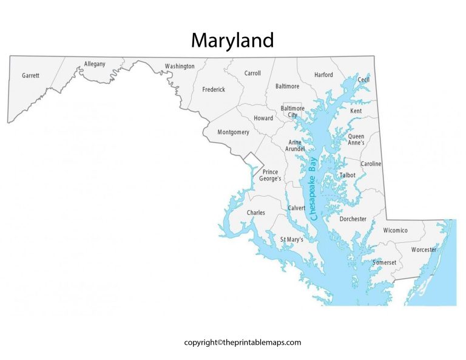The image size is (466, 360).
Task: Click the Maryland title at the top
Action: point(232,40)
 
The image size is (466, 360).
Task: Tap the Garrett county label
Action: point(30,76)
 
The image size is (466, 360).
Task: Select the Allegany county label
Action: point(95,64)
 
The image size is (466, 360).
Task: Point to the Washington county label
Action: point(180,66)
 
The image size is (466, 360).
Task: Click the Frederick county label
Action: point(214,89)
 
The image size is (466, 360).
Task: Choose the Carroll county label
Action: point(252,73)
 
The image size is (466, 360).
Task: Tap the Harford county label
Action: point(323,75)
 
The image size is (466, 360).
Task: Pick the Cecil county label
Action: point(363,80)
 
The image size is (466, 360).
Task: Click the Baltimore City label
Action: point(292,112)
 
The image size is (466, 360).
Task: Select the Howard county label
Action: point(263,118)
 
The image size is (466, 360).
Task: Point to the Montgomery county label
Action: point(234,132)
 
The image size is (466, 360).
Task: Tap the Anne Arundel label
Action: point(295,146)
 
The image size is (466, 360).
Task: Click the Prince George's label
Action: point(270,175)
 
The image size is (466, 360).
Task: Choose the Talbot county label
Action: point(347,175)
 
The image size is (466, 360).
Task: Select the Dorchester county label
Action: point(353,219)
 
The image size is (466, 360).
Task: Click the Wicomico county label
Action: point(395,230)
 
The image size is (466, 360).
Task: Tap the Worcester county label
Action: point(424,250)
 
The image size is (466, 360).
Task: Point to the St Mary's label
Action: point(291,240)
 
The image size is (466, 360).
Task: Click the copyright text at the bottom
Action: point(243,342)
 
